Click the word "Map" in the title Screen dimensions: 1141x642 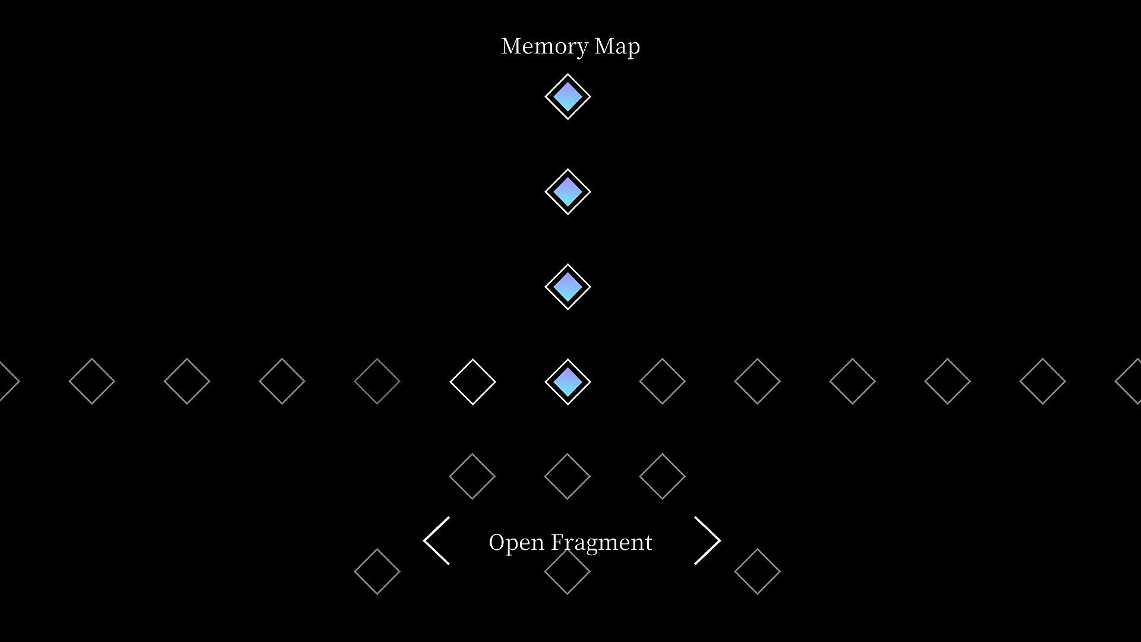(x=617, y=47)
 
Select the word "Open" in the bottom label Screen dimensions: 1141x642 (x=516, y=543)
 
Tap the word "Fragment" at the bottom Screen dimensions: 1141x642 (x=601, y=543)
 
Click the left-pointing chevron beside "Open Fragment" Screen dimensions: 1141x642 (x=436, y=540)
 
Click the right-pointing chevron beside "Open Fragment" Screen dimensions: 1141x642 (x=707, y=540)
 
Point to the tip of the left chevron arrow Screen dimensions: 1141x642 (x=424, y=540)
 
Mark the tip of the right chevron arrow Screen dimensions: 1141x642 (x=720, y=540)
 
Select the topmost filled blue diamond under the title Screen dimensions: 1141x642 (x=568, y=96)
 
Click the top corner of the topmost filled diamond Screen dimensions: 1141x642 (x=568, y=74)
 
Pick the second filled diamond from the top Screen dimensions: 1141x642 (x=568, y=191)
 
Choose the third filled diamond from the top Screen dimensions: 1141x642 (x=568, y=287)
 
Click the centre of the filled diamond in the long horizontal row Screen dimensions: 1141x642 (x=568, y=382)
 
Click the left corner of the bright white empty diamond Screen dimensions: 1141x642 (x=450, y=382)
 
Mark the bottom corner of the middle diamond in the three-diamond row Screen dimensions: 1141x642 (x=568, y=499)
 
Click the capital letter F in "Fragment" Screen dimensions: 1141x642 (x=557, y=542)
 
